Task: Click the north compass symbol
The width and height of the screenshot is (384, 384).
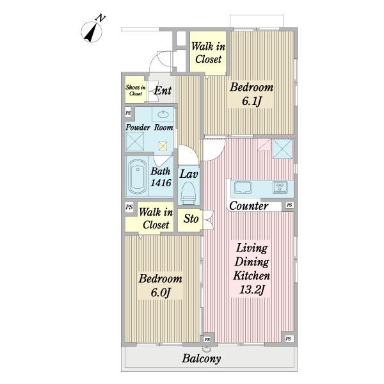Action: click(92, 31)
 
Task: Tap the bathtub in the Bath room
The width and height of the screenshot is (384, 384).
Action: click(137, 177)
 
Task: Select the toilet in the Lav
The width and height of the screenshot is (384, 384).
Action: click(188, 193)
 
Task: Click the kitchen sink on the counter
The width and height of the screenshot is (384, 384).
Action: click(243, 188)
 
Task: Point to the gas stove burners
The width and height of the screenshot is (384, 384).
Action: click(281, 188)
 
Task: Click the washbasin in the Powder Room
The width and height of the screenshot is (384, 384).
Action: click(163, 114)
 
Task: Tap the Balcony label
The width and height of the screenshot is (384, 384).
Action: click(202, 358)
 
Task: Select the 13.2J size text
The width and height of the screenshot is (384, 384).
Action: click(252, 290)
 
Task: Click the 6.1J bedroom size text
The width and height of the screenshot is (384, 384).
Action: click(252, 101)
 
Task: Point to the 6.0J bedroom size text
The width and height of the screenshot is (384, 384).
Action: click(161, 292)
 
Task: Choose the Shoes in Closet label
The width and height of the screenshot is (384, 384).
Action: click(136, 90)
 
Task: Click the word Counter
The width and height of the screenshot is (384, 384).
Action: click(248, 205)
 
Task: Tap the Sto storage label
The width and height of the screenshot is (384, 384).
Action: click(191, 218)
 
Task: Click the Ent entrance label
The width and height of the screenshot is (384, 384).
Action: click(163, 91)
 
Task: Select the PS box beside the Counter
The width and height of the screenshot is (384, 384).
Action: click(289, 205)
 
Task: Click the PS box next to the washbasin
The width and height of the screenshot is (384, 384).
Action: click(128, 113)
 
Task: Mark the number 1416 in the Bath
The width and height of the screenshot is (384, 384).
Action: click(161, 182)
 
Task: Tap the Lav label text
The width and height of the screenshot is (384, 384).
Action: click(189, 174)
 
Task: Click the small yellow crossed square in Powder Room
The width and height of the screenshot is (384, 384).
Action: click(163, 146)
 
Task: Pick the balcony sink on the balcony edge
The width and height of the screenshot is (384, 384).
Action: click(207, 349)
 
